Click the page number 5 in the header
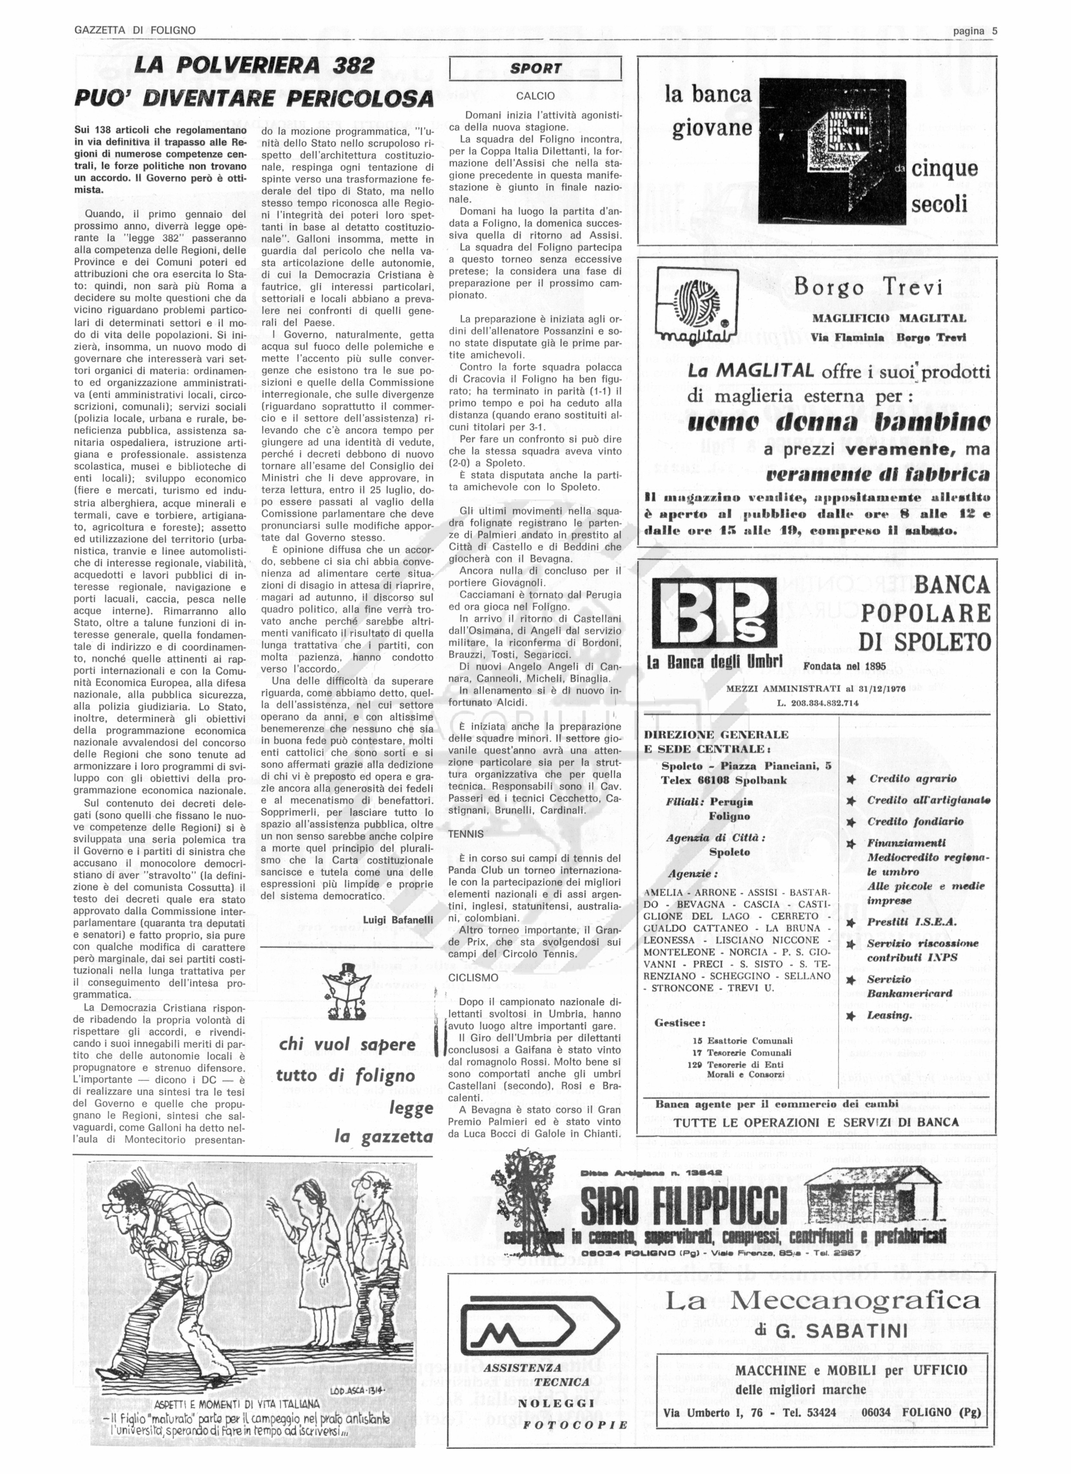click(994, 30)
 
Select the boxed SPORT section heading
click(535, 68)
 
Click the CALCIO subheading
click(535, 96)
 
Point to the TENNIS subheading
click(466, 834)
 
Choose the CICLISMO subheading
click(473, 978)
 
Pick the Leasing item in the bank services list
click(890, 1015)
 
